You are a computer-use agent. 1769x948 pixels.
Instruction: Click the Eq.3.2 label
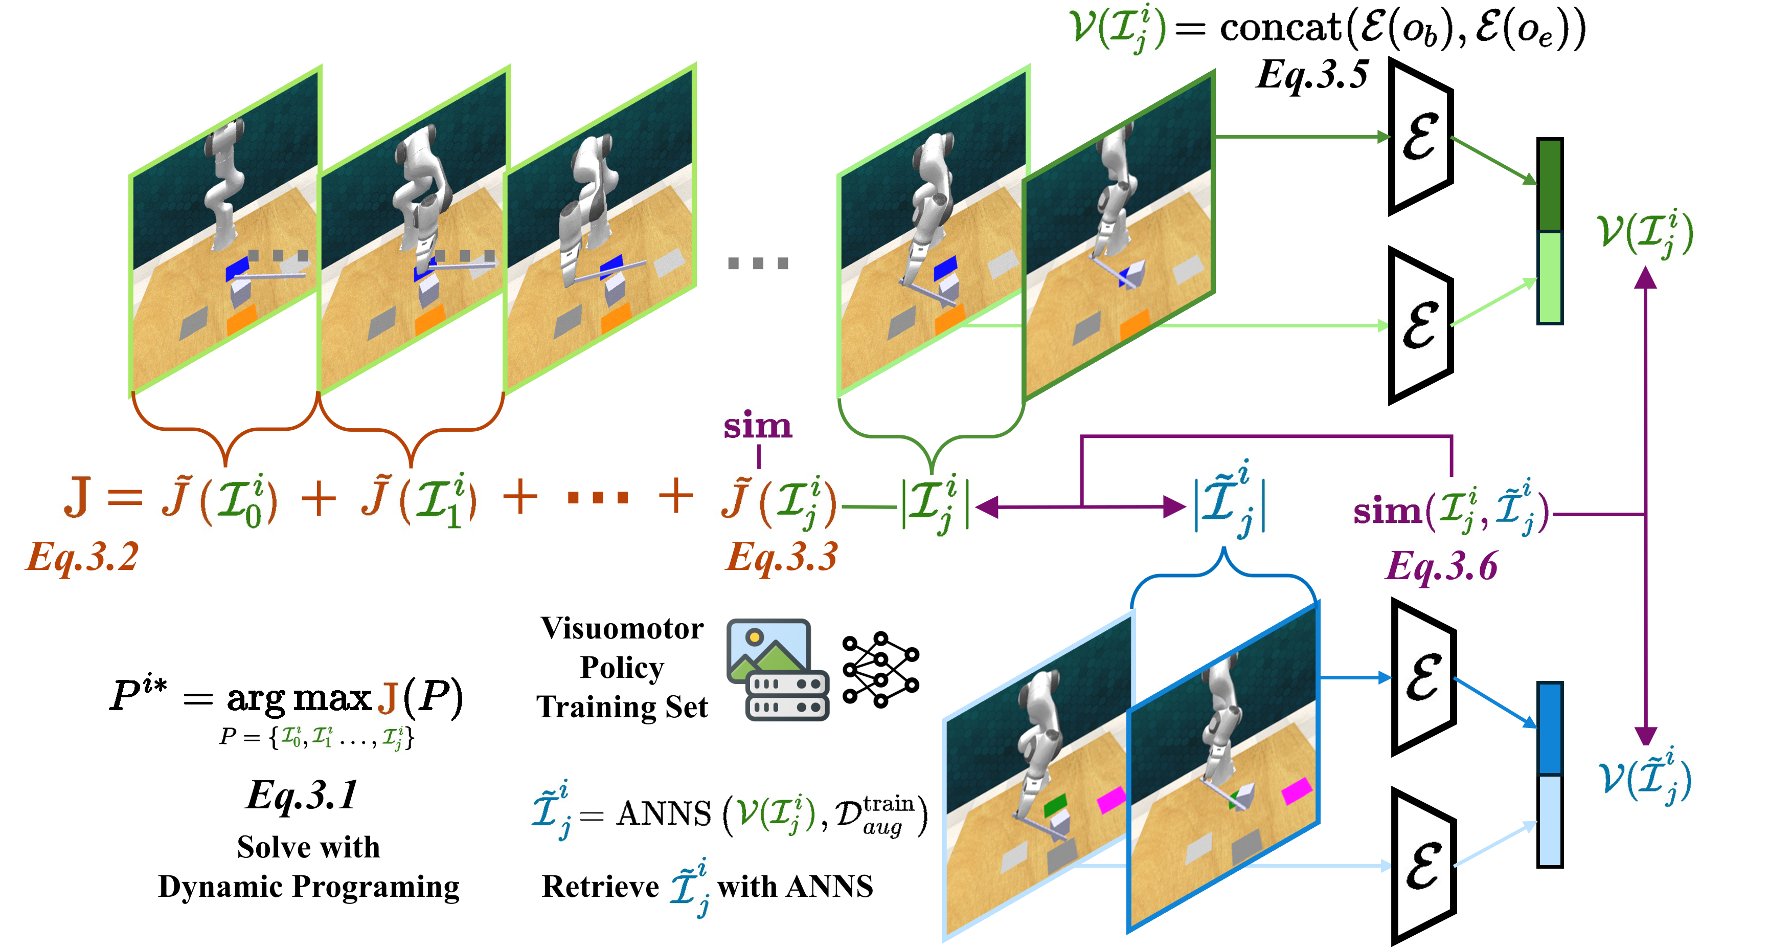coord(82,557)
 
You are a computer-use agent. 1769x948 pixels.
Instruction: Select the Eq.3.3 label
coord(782,557)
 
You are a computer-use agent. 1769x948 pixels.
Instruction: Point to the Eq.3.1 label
coord(302,795)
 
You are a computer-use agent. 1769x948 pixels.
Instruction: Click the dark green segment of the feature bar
coord(1550,186)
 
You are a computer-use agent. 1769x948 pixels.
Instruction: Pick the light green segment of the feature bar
coord(1550,277)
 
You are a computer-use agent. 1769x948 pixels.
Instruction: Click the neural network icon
coord(881,670)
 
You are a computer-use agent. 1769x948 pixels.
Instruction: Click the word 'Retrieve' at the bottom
coord(600,886)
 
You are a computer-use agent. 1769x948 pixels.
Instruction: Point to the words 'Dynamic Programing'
coord(308,886)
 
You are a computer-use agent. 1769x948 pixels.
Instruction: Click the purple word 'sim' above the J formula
coord(758,426)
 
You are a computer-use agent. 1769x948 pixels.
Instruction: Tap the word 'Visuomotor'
coord(622,629)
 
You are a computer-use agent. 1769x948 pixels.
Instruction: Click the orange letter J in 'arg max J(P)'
coord(388,697)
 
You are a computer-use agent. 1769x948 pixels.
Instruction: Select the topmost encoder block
coord(1420,138)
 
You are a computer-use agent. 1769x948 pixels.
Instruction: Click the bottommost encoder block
coord(1423,867)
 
